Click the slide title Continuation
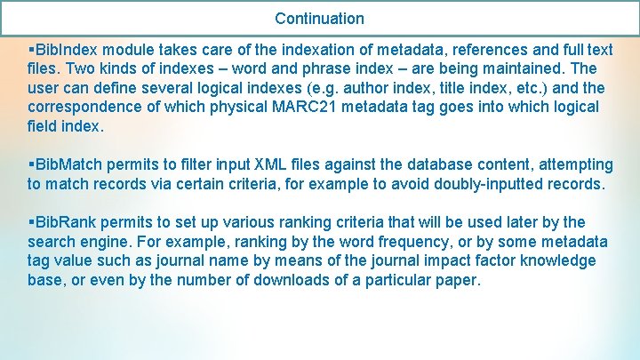[319, 18]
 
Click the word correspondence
[84, 107]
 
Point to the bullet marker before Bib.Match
[31, 164]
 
